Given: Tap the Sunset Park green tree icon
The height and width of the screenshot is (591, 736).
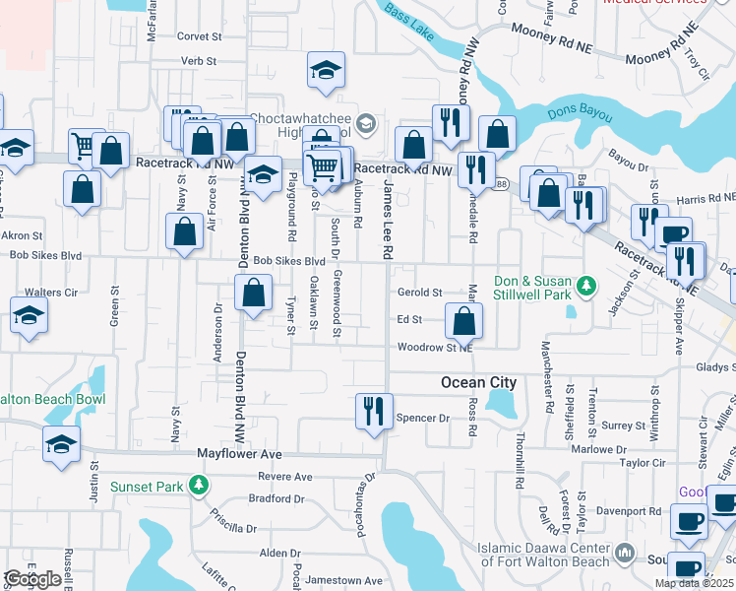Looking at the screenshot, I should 200,486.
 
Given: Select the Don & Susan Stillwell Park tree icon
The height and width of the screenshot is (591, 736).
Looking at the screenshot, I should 587,286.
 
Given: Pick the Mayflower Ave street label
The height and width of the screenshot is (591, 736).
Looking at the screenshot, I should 239,454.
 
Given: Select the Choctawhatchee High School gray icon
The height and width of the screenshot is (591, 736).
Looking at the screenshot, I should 366,123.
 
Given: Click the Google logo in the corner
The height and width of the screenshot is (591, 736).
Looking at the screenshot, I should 31,579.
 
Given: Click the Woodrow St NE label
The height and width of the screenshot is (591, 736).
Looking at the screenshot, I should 435,348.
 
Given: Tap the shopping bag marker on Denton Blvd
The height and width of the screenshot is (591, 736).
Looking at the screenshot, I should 254,293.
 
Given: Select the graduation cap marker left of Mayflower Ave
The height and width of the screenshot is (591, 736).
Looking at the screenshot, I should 62,444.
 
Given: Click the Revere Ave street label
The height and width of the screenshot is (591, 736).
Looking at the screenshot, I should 284,477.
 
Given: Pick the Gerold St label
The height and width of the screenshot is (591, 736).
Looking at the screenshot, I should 420,293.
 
